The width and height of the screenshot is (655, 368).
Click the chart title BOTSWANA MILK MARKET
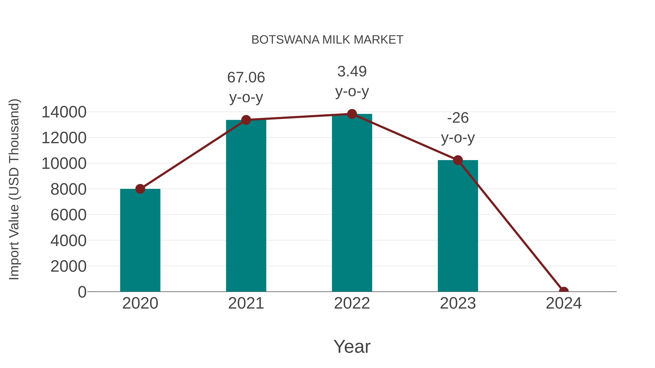click(x=327, y=40)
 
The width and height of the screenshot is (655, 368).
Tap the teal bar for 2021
click(x=246, y=206)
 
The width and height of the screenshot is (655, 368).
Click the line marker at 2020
click(x=140, y=189)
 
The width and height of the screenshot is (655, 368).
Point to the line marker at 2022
click(x=352, y=114)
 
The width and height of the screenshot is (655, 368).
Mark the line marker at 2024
click(x=564, y=291)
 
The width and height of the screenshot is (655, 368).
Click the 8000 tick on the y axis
click(x=68, y=189)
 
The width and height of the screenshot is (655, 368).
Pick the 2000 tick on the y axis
click(x=68, y=266)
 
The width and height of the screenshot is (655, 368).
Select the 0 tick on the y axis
click(x=82, y=292)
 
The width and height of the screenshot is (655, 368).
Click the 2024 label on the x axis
click(x=564, y=303)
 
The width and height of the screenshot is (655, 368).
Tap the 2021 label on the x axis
click(x=246, y=303)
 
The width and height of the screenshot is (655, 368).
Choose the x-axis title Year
click(x=352, y=346)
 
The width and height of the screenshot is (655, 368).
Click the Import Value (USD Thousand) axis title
click(x=14, y=189)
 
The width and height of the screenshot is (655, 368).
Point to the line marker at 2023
click(x=458, y=160)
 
